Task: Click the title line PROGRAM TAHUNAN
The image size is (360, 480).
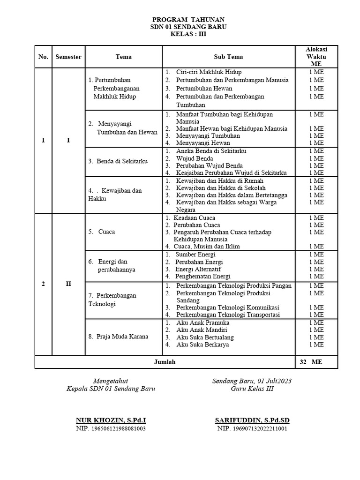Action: coord(188,19)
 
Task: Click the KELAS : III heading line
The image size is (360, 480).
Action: coord(188,34)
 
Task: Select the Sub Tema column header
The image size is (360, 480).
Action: coord(228,57)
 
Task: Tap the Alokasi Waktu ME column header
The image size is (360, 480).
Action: coord(316,57)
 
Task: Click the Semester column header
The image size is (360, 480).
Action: coord(68,57)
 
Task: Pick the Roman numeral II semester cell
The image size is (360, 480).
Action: coord(68,284)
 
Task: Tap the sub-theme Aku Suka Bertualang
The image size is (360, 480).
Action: coord(205,337)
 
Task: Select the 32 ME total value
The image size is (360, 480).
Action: coord(310,362)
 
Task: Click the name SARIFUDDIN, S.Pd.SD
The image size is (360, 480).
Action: coord(252,420)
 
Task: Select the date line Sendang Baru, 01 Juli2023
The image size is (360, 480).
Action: coord(252,381)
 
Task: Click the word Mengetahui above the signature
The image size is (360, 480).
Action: coord(111,381)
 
